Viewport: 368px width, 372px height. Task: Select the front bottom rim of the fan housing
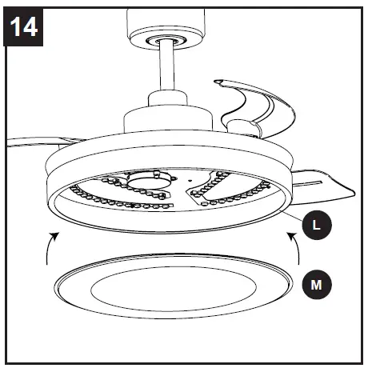[x=172, y=227]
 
